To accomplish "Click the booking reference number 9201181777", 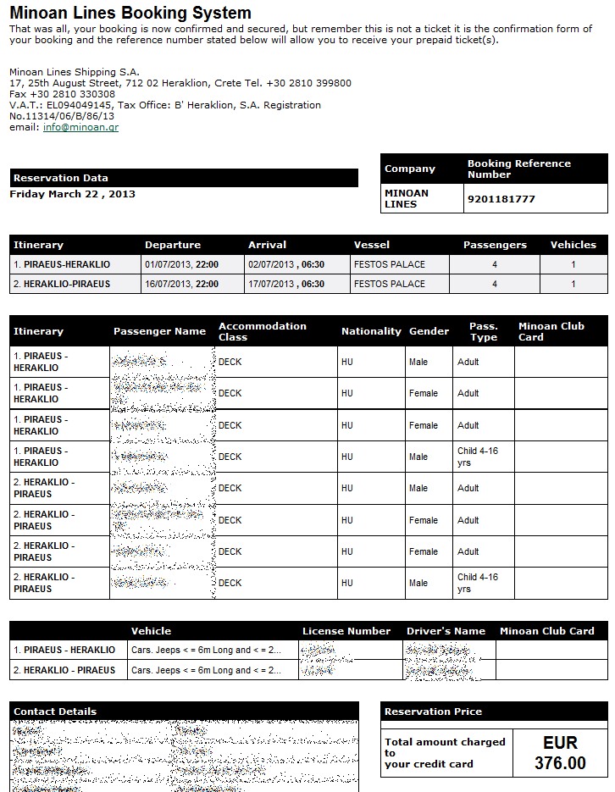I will point(501,199).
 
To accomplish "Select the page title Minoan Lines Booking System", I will point(130,13).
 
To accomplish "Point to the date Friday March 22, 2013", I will point(73,194).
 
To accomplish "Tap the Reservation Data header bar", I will point(184,178).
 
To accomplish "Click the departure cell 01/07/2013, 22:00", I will point(182,264).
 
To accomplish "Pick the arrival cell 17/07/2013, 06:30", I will point(286,284).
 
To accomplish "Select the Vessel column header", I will point(372,245).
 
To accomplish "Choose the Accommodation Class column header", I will point(263,331).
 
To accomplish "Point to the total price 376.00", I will point(560,763).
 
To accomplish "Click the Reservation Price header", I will point(433,712).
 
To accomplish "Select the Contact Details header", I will point(55,712).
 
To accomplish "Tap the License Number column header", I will point(346,631).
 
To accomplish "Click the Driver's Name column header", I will point(446,631).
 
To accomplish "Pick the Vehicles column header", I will point(573,245).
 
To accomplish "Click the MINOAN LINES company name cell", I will point(407,198).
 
